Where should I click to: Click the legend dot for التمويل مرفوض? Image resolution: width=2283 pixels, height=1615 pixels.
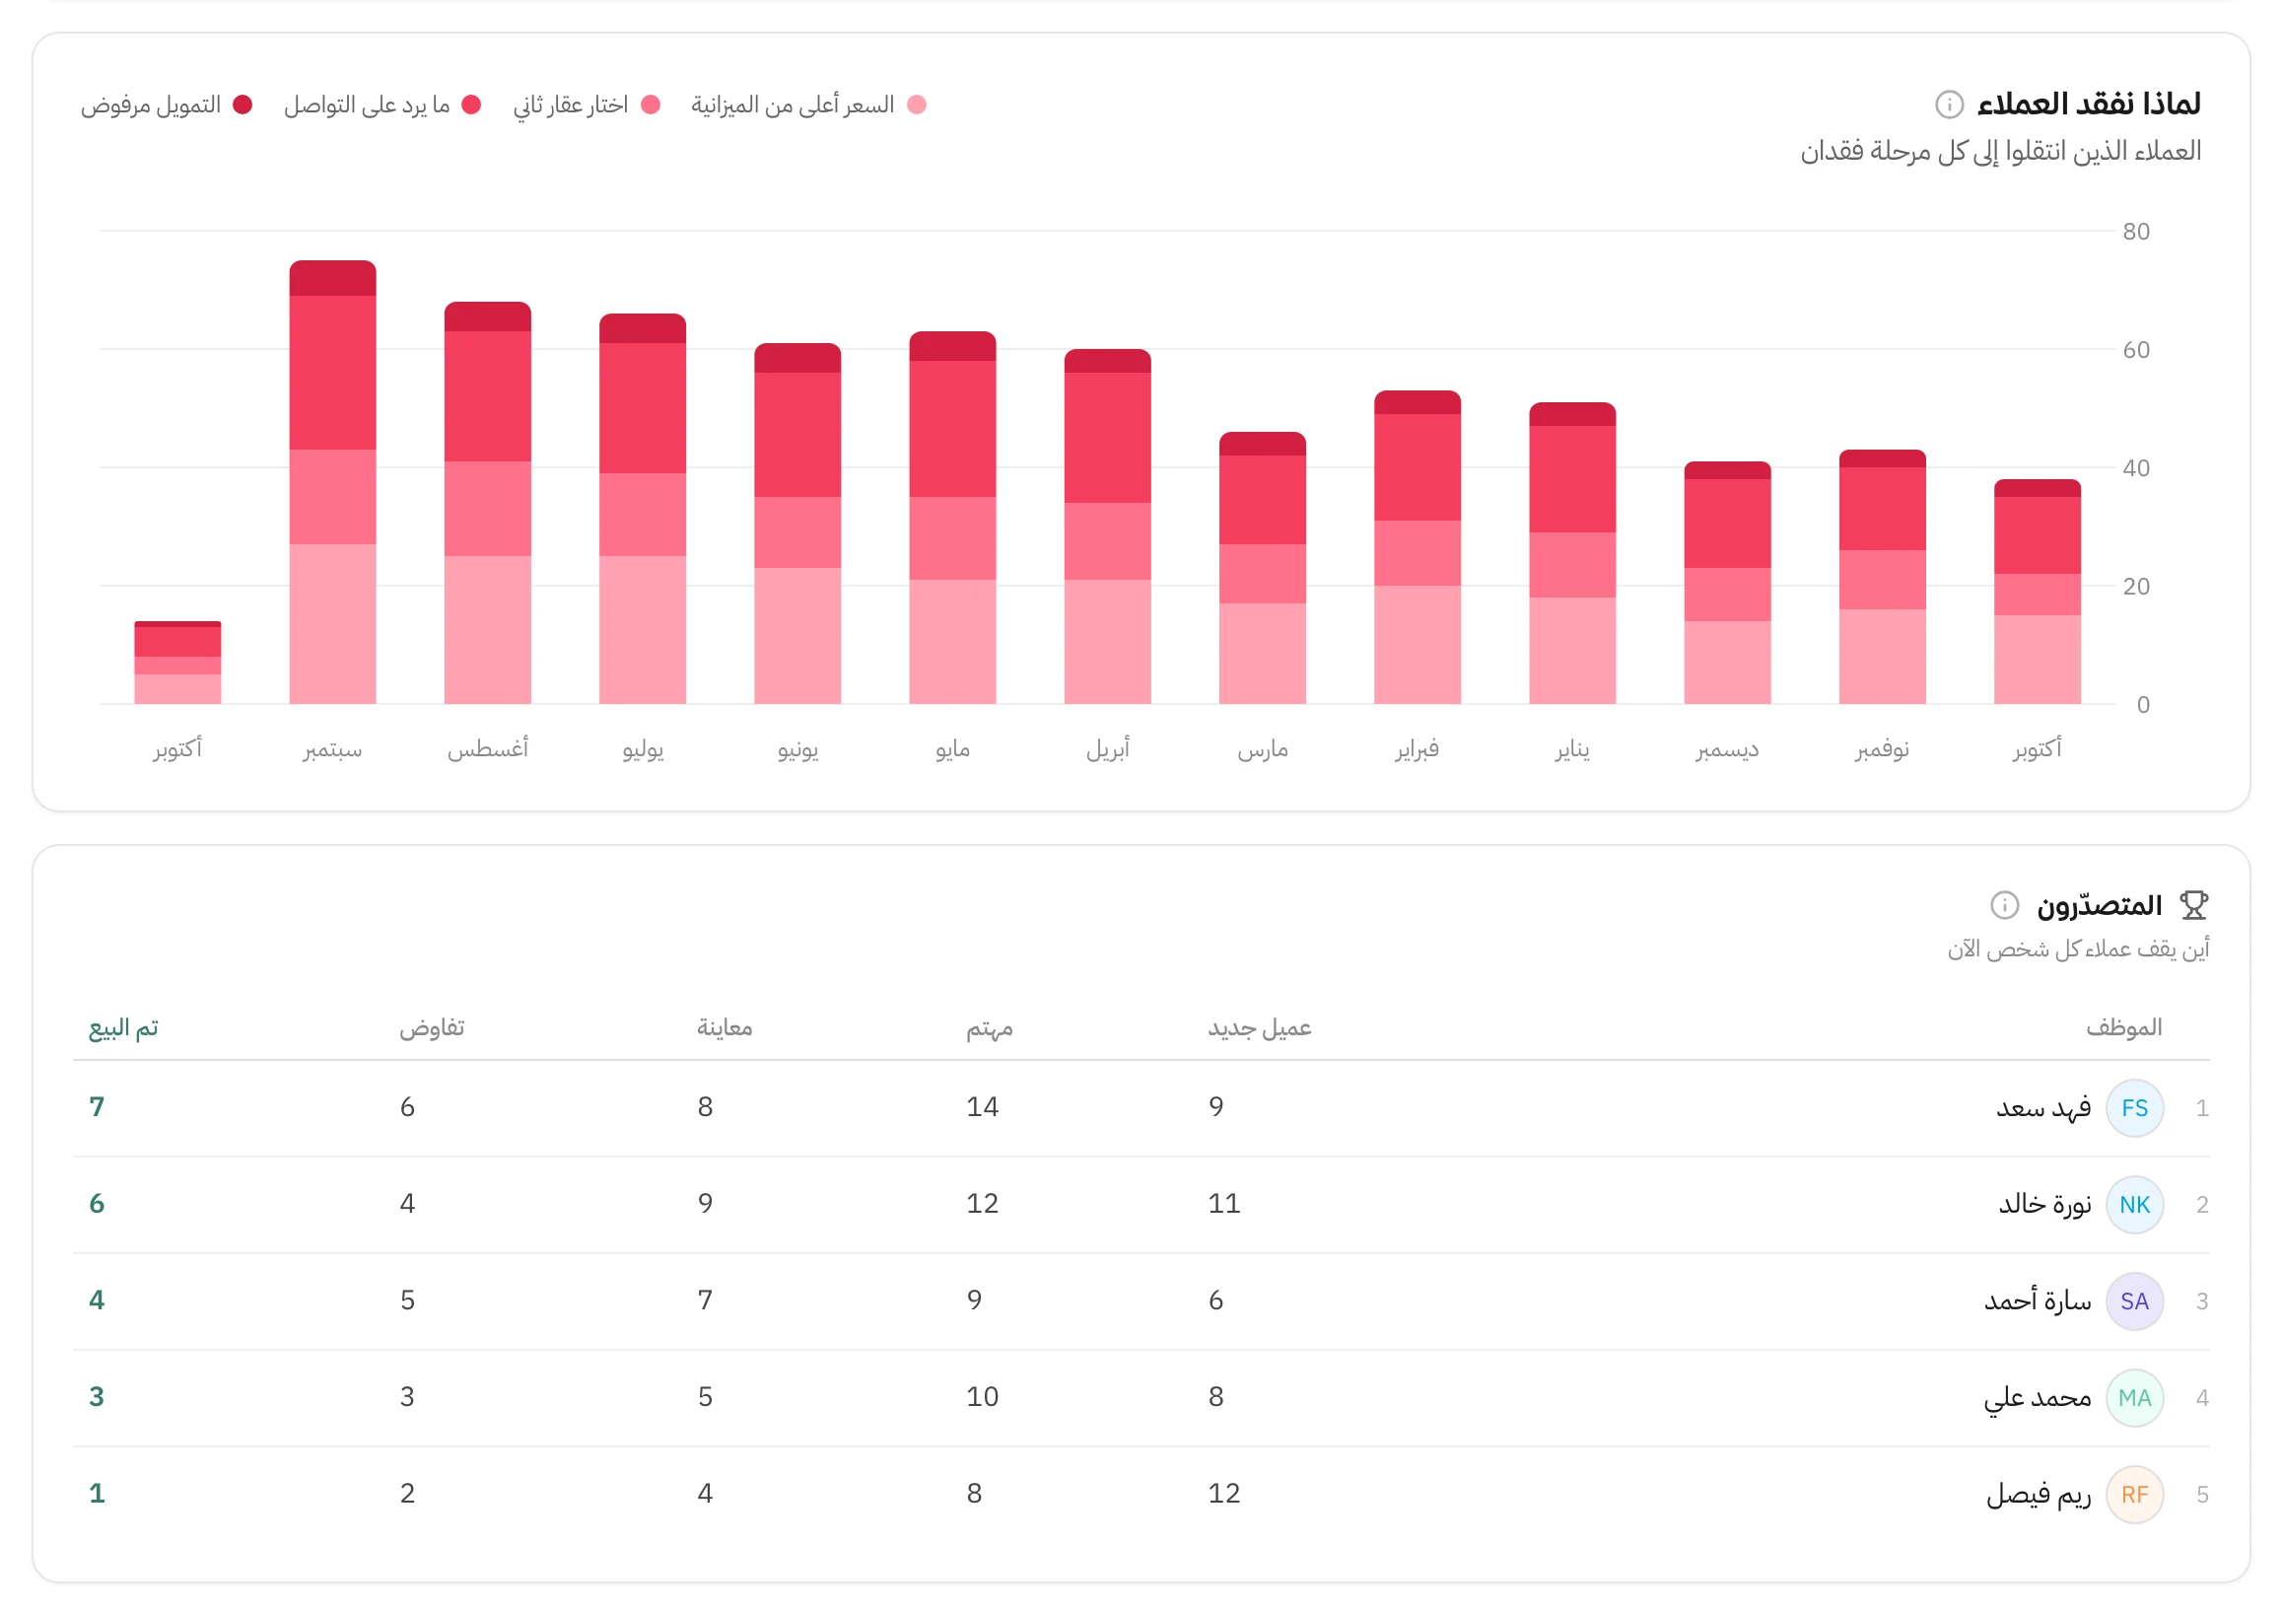click(242, 105)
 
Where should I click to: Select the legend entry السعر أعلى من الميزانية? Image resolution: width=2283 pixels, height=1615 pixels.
click(808, 105)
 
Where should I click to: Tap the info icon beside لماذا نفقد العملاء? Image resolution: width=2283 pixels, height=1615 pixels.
click(1949, 105)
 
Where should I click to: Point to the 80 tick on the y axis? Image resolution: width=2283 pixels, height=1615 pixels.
click(2136, 232)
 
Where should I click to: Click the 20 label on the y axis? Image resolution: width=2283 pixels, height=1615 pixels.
click(2136, 587)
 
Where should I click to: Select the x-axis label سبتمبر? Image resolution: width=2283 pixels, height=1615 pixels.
click(333, 748)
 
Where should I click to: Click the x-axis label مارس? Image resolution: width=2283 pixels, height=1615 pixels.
click(1263, 748)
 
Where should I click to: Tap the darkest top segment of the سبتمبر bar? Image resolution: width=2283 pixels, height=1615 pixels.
click(333, 278)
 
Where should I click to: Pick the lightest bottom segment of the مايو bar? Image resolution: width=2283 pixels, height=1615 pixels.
click(952, 642)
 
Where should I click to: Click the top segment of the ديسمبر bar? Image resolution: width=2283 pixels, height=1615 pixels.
click(1727, 470)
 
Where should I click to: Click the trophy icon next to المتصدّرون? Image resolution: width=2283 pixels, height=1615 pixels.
click(2193, 905)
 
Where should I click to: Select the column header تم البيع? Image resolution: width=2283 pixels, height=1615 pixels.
click(123, 1027)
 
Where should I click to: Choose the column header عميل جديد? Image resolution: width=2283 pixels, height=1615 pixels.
click(1260, 1027)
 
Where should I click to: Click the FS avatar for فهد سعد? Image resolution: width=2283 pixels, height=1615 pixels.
click(2135, 1108)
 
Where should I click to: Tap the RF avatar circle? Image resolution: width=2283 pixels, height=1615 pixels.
click(2135, 1494)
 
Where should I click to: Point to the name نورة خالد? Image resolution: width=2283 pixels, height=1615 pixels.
click(2044, 1204)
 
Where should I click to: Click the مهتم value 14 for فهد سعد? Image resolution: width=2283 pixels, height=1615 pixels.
click(983, 1107)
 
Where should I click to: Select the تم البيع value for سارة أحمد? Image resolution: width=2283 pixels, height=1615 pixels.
click(97, 1299)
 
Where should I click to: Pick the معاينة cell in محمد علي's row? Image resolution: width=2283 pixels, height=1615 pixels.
click(705, 1396)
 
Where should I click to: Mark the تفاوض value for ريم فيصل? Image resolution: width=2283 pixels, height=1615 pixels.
click(408, 1493)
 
